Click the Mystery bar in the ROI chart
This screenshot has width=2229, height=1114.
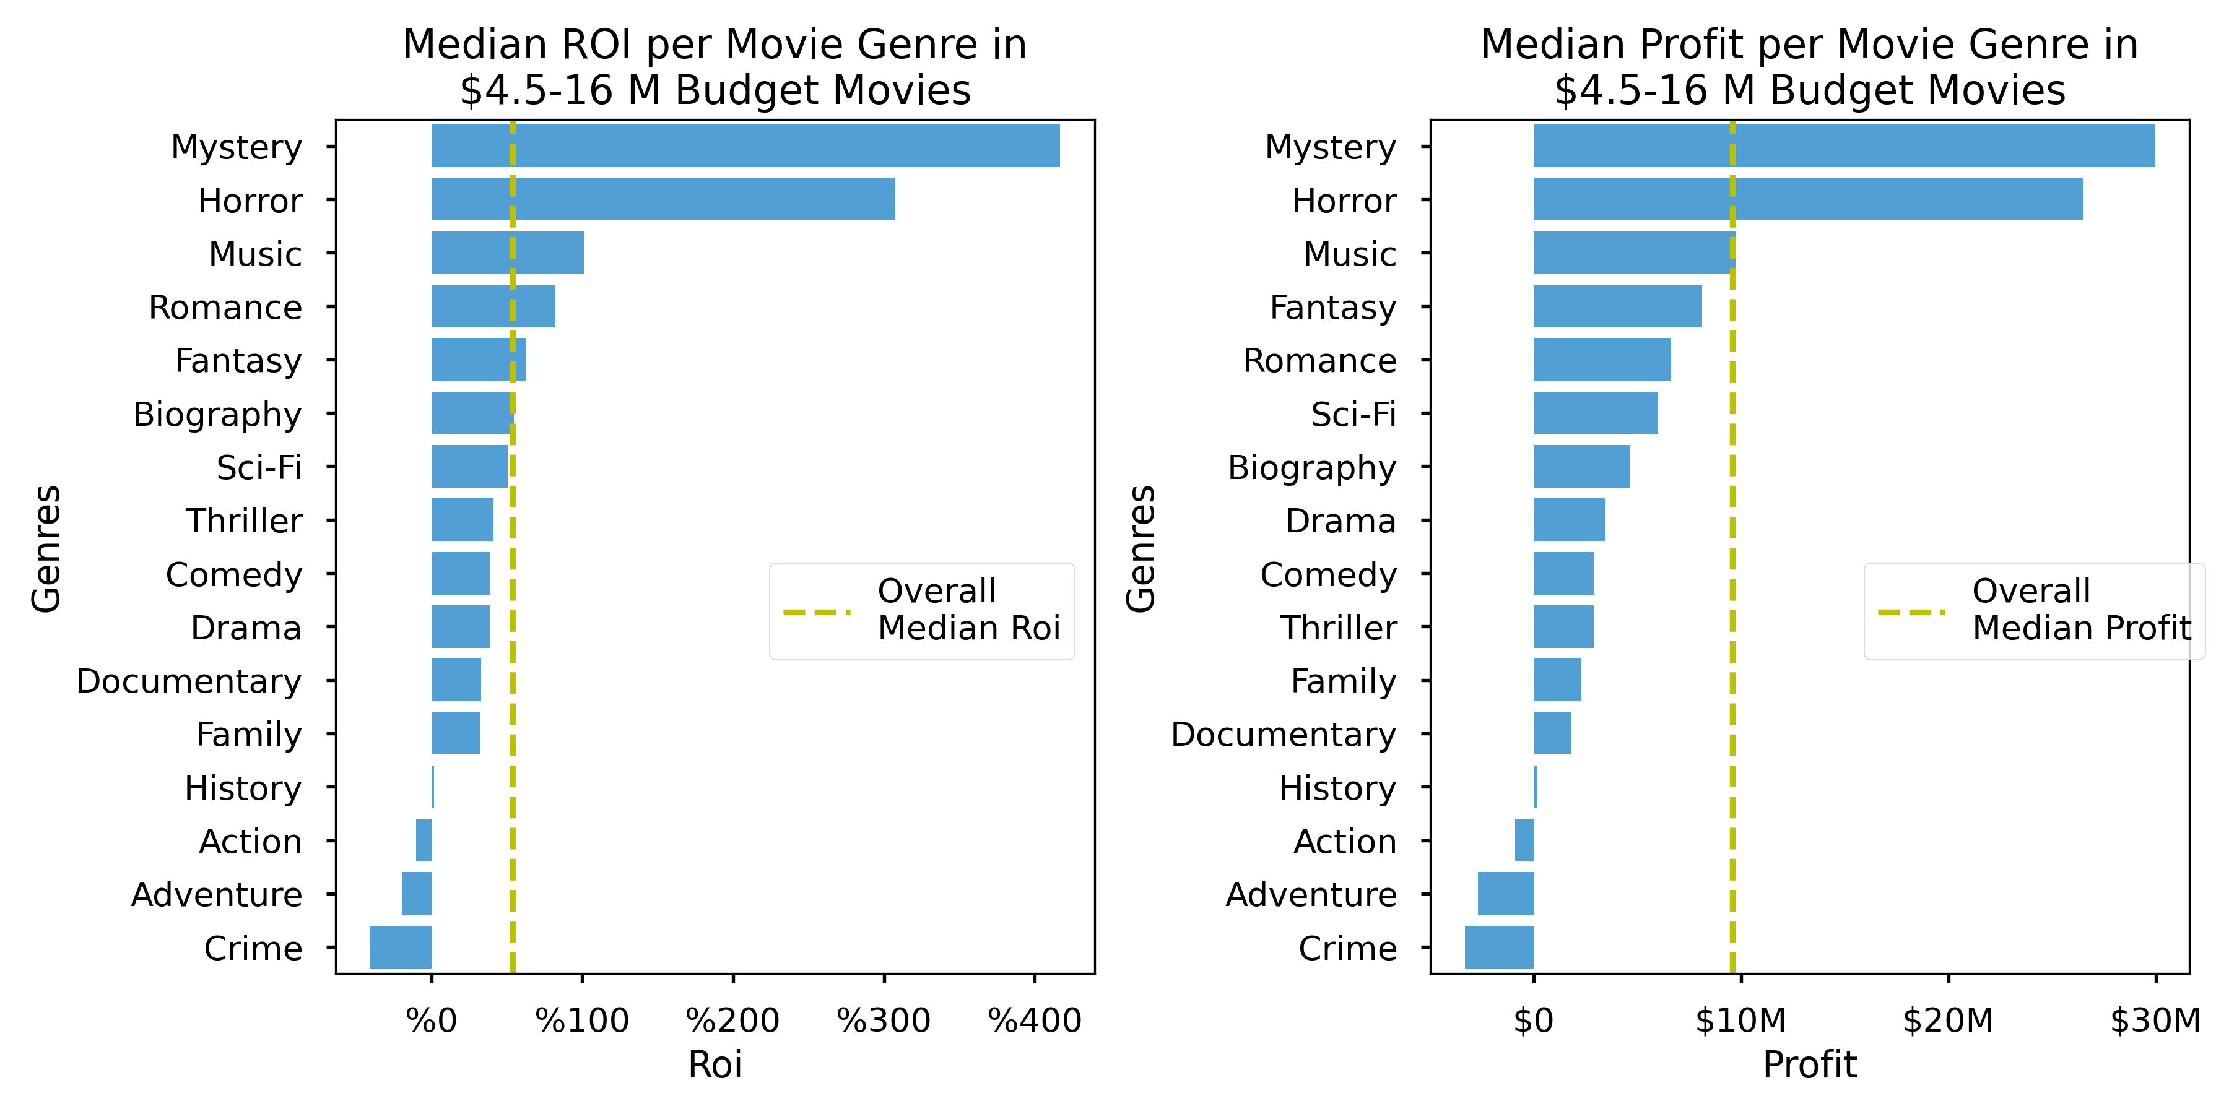pos(744,145)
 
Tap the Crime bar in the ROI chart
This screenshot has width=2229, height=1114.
pos(401,947)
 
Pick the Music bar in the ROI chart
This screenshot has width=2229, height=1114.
pos(507,253)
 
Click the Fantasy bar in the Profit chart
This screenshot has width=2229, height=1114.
pos(1617,306)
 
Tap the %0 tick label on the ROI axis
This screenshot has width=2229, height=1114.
pos(431,1021)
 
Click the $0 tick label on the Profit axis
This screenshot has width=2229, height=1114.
pos(1532,1021)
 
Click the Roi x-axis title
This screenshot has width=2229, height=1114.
pos(714,1064)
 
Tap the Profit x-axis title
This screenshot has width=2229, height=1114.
pos(1809,1064)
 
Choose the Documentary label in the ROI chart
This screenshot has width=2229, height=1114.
pos(189,681)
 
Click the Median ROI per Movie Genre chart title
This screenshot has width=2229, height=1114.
pos(714,67)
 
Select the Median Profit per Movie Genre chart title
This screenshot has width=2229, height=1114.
pos(1809,67)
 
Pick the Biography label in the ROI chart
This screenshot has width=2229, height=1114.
pos(217,414)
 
